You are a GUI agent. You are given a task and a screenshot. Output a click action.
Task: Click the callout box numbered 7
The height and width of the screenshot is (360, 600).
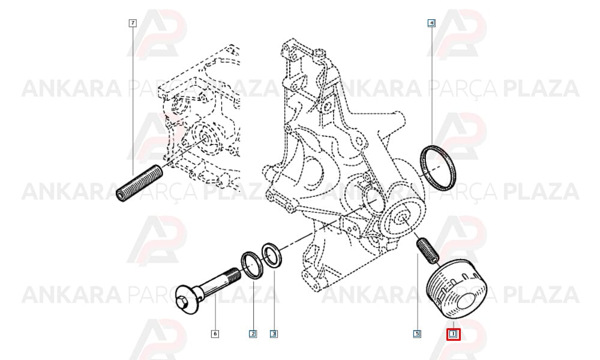coord(133,23)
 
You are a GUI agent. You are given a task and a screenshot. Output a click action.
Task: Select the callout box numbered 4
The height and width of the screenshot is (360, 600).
coord(431,23)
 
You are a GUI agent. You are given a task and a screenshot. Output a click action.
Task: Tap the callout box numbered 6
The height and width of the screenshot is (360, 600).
coord(215,334)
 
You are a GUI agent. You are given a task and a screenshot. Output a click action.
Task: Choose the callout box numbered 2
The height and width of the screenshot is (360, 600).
coord(253,334)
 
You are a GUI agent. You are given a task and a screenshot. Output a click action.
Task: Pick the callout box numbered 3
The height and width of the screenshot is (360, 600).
coord(274,334)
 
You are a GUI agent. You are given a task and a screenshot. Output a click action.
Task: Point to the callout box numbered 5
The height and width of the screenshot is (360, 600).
coord(417,334)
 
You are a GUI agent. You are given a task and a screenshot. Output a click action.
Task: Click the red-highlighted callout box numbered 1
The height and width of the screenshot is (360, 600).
coord(454,335)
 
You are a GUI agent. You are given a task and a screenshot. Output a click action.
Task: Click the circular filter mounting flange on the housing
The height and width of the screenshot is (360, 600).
coord(402,220)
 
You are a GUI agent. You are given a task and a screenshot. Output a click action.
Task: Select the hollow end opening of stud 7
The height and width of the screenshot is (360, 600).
coord(121,196)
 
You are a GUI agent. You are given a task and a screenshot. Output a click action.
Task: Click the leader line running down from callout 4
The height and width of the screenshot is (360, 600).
coord(431,86)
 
